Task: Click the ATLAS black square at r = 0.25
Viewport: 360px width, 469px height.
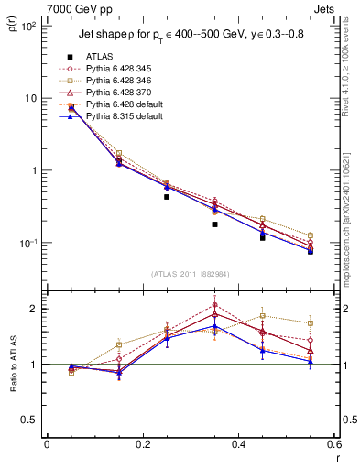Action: point(167,196)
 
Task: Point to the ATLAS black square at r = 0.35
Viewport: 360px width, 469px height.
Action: point(214,224)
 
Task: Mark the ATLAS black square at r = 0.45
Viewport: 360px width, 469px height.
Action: point(262,237)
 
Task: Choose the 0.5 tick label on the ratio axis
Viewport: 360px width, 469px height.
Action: point(29,420)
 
